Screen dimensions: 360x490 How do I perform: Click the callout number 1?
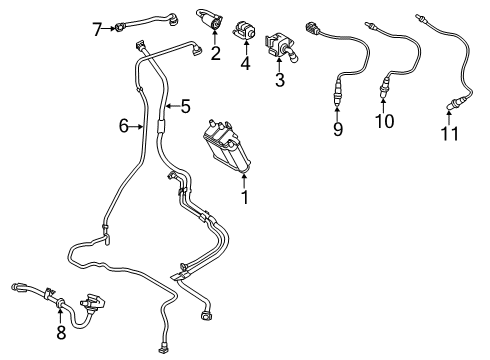pyautogui.click(x=244, y=197)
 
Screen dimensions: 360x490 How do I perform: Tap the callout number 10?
pyautogui.click(x=384, y=121)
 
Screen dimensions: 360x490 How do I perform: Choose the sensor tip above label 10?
pyautogui.click(x=384, y=96)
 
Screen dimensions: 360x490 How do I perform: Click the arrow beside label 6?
pyautogui.click(x=138, y=126)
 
